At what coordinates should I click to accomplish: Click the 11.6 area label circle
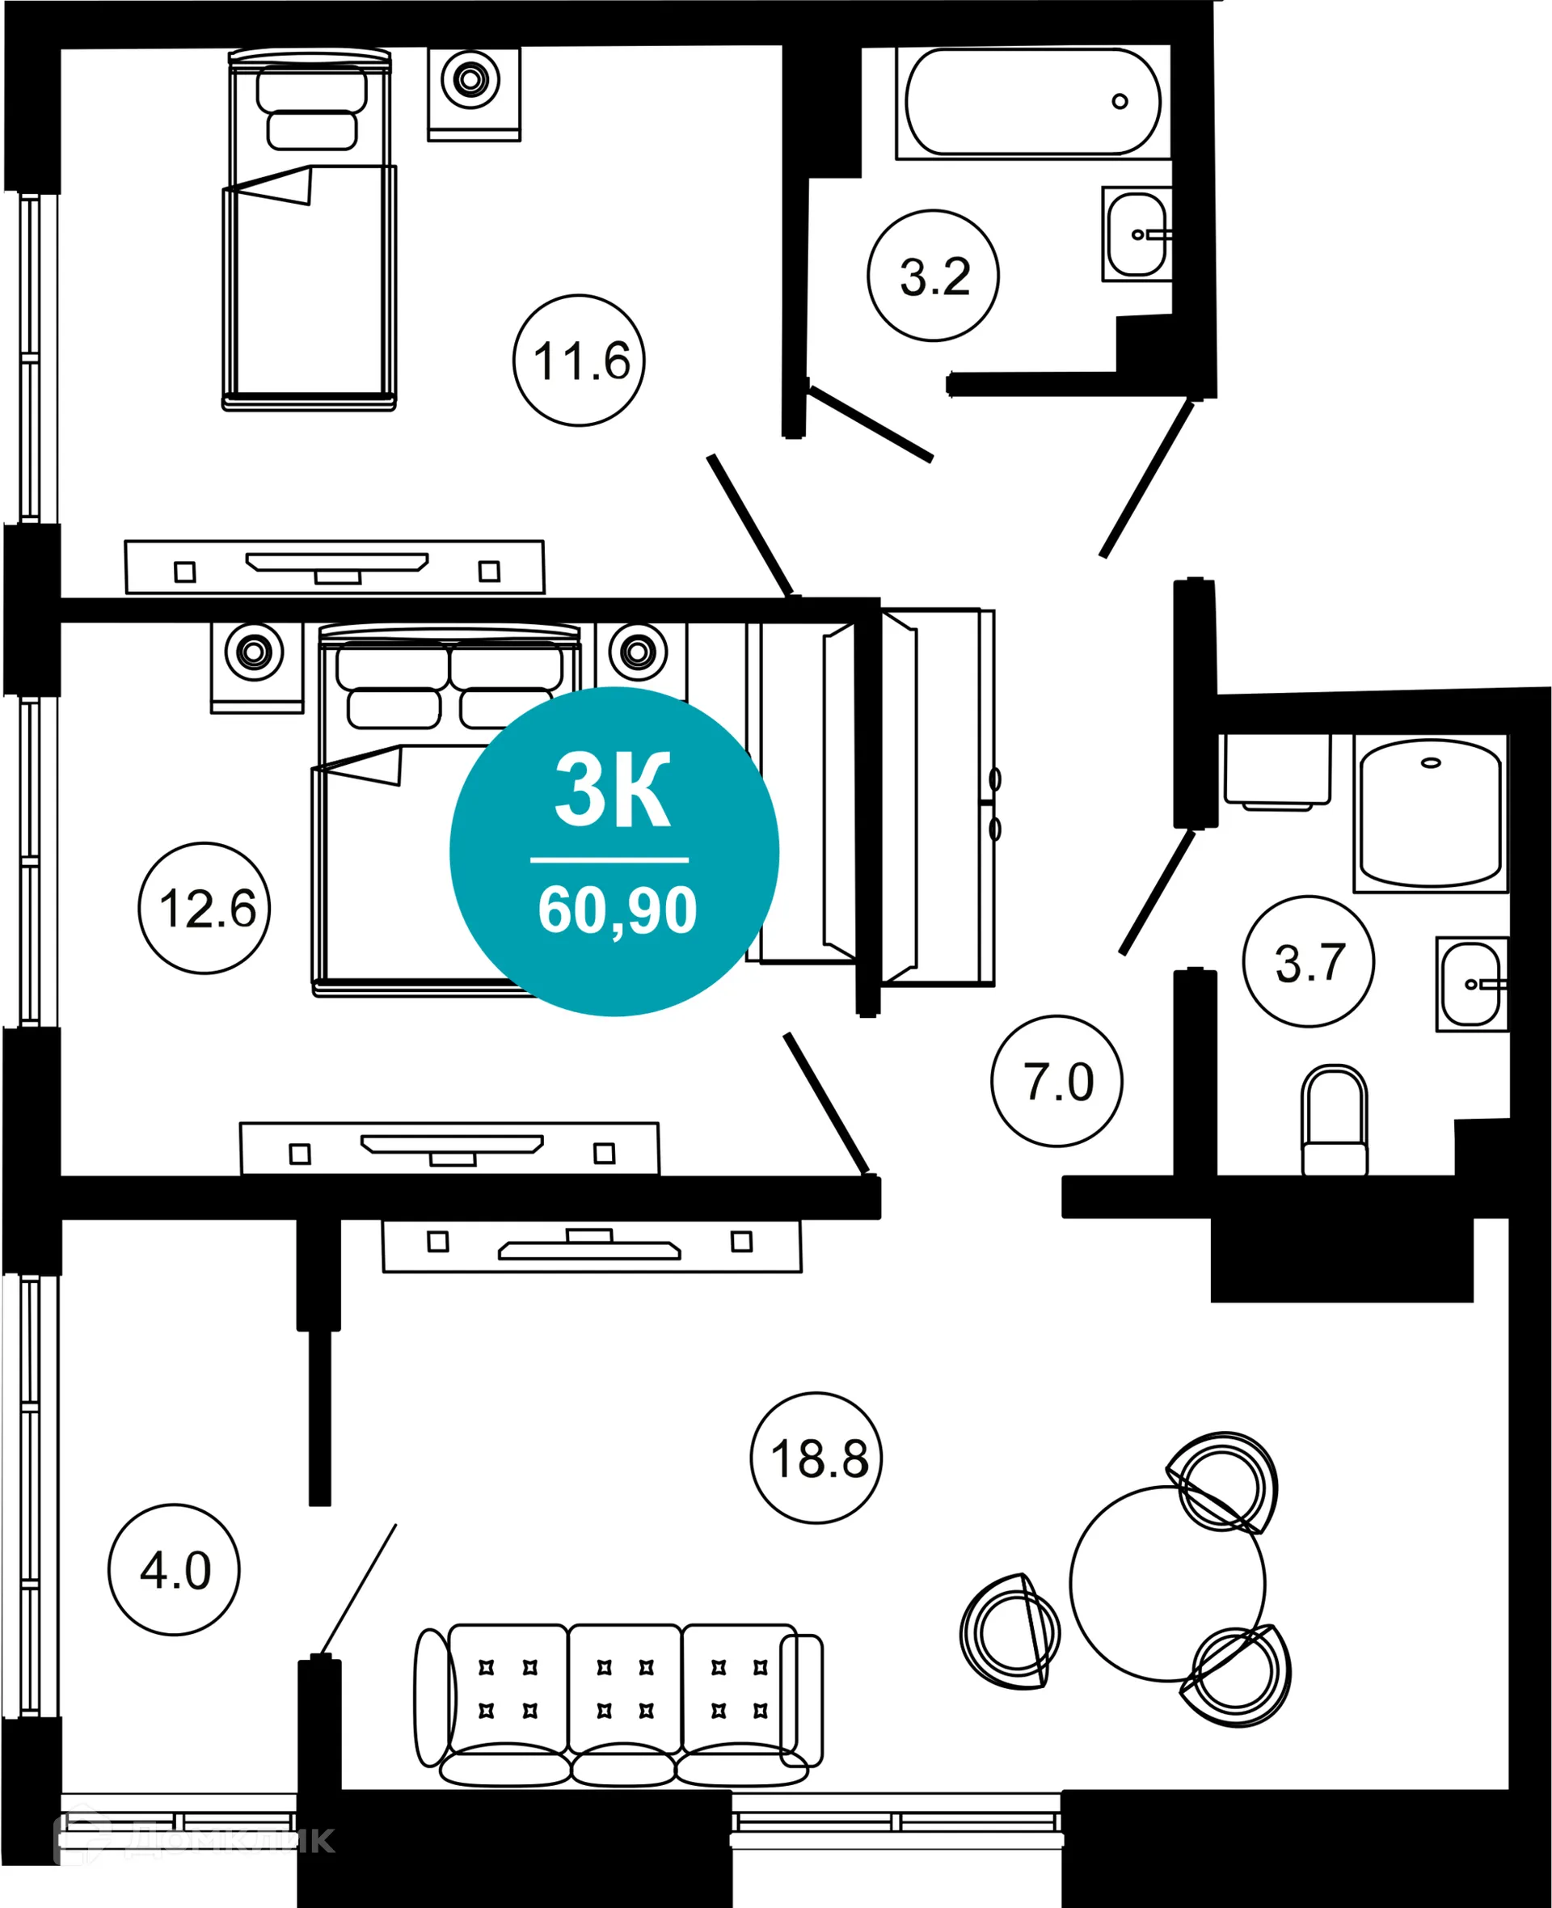click(x=579, y=361)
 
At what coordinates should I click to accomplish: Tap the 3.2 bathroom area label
click(x=933, y=276)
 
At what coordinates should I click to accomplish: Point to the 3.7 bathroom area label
click(x=1308, y=961)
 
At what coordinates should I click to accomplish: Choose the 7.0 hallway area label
click(x=1056, y=1081)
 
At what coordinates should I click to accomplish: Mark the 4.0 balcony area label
click(x=174, y=1569)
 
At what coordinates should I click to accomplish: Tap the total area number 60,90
click(x=617, y=910)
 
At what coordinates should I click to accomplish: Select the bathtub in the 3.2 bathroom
click(x=1032, y=101)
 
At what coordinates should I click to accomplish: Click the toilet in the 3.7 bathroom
click(x=1334, y=1122)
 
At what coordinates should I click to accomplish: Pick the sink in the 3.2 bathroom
click(x=1135, y=234)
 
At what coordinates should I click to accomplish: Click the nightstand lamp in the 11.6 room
click(x=470, y=78)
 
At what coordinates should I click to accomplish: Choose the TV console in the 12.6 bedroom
click(x=449, y=1148)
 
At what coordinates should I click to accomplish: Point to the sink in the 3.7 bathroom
click(x=1470, y=983)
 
